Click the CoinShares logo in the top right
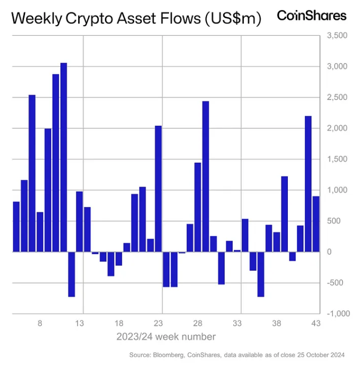311,16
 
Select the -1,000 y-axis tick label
337,314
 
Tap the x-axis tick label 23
158,324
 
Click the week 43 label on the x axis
316,324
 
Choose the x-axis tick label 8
40,324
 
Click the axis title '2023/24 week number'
166,337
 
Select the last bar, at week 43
316,224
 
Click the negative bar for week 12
72,274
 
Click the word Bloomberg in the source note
170,355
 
